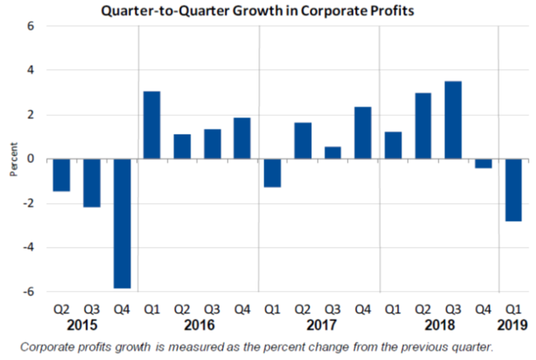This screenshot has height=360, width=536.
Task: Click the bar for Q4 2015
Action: point(122,223)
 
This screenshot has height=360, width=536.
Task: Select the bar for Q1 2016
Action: point(152,125)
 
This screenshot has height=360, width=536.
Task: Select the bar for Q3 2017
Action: point(333,152)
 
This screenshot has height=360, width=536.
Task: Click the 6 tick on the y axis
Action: point(31,26)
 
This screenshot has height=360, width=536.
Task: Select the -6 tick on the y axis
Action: point(29,292)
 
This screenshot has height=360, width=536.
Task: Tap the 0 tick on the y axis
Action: point(31,159)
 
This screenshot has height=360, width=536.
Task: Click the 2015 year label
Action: point(82,325)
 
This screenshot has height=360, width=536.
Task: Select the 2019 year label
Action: point(514,325)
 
